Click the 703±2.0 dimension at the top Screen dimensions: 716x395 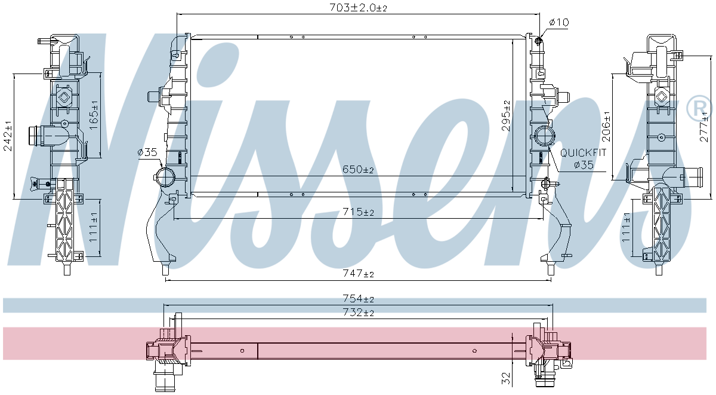pyautogui.click(x=358, y=7)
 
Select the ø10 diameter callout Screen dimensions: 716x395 pyautogui.click(x=559, y=22)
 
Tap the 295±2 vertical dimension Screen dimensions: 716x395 pyautogui.click(x=506, y=116)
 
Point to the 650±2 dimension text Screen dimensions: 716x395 pyautogui.click(x=358, y=169)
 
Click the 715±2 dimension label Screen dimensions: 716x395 pyautogui.click(x=358, y=212)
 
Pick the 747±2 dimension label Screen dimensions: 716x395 pyautogui.click(x=358, y=273)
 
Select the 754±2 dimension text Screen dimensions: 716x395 pyautogui.click(x=358, y=298)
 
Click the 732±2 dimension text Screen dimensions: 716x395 pyautogui.click(x=358, y=312)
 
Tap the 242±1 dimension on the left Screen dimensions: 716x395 pyautogui.click(x=8, y=136)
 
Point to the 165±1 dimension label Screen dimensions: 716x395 pyautogui.click(x=94, y=115)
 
